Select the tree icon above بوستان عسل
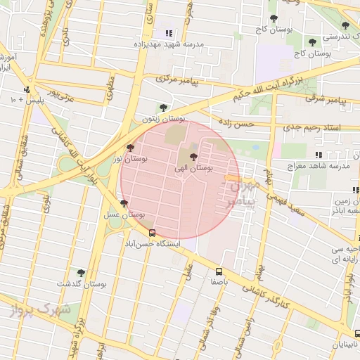coord(124,203)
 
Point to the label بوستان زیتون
coord(162,119)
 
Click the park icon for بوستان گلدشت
coord(81,273)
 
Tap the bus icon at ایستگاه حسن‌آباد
coord(152,233)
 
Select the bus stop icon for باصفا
coord(219,271)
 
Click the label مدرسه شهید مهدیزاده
coord(169,44)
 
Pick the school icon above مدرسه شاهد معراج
coord(319,155)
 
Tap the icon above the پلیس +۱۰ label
coord(27,89)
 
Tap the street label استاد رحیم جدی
coord(310,128)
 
